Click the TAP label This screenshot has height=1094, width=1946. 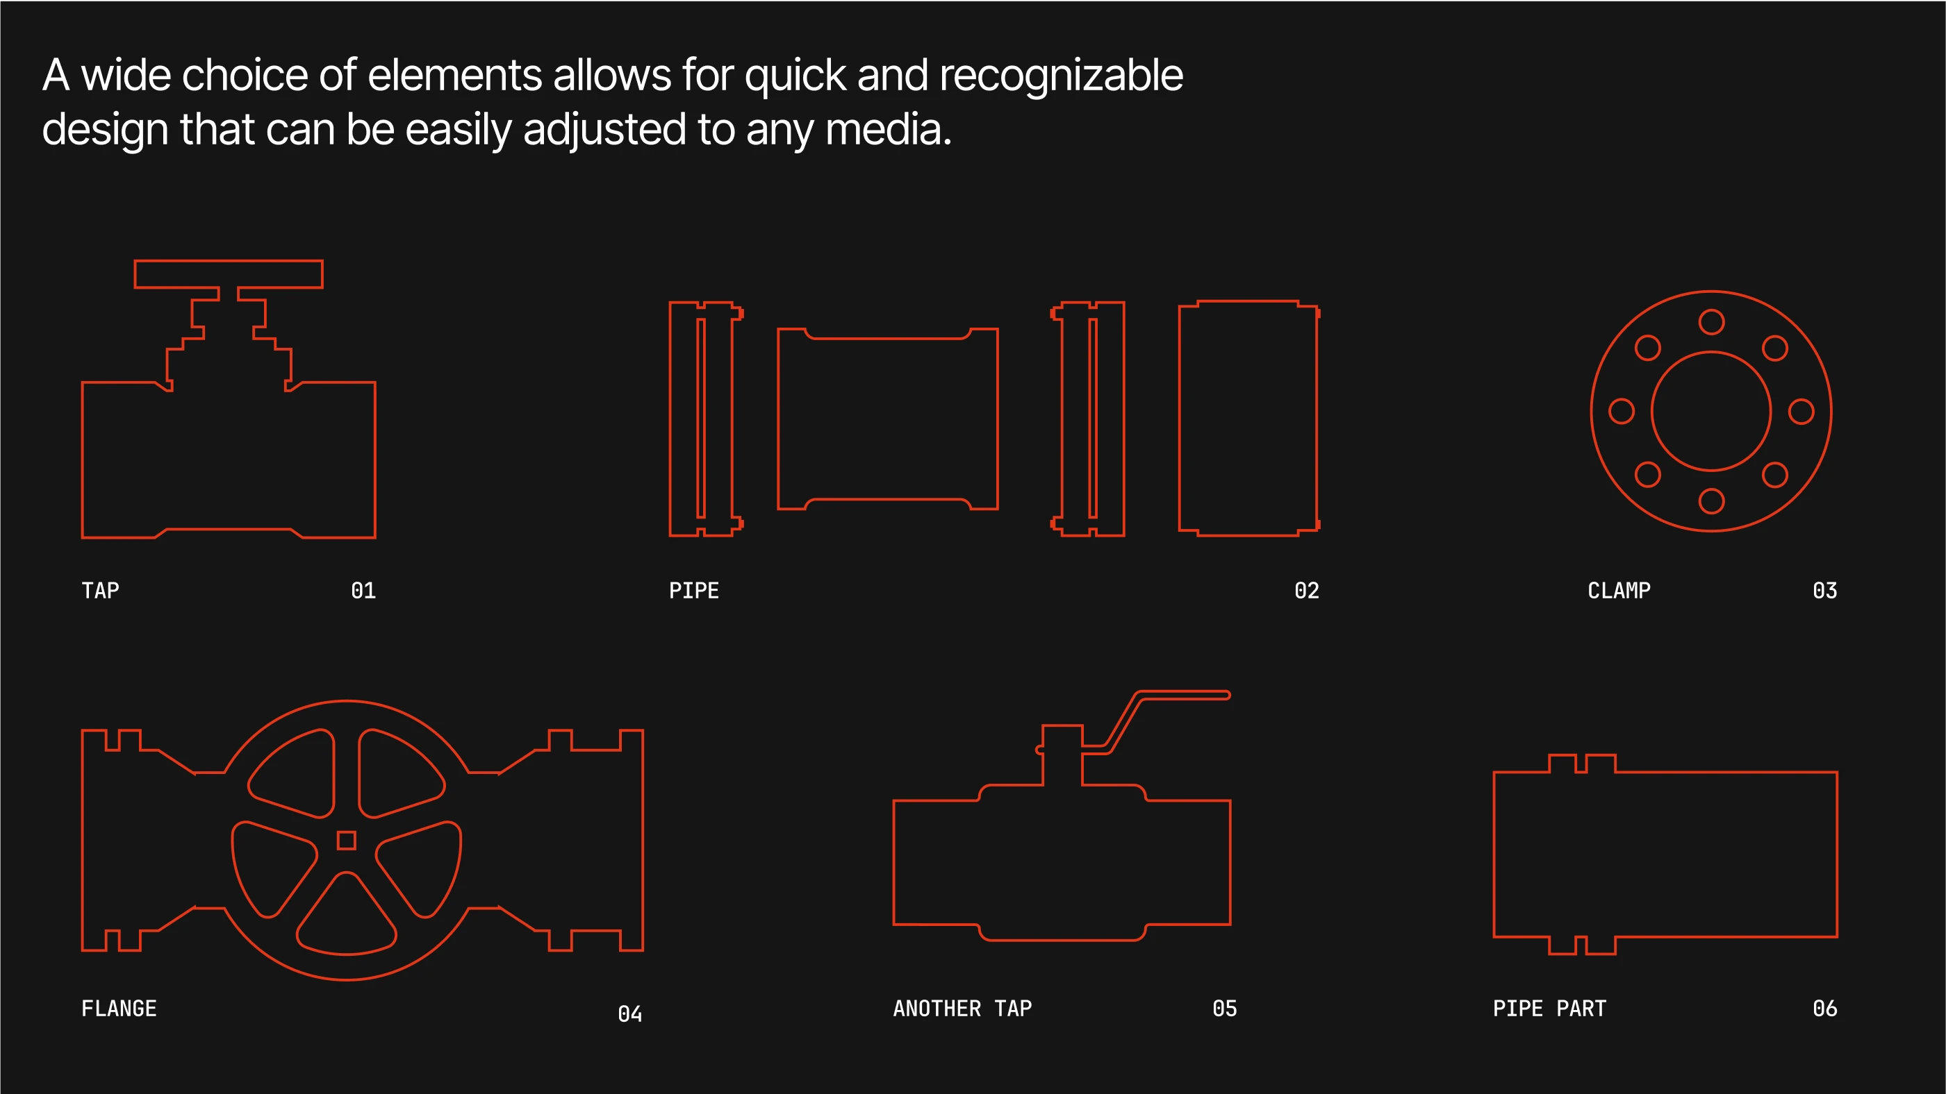pyautogui.click(x=101, y=591)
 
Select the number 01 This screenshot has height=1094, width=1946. pyautogui.click(x=363, y=591)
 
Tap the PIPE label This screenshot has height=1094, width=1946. pyautogui.click(x=693, y=591)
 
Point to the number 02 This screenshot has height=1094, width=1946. pyautogui.click(x=1307, y=591)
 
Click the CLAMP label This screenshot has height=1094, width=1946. pyautogui.click(x=1619, y=591)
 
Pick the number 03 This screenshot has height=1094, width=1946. pyautogui.click(x=1825, y=591)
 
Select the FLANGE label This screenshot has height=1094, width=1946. pyautogui.click(x=119, y=1009)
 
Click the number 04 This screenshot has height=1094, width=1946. pyautogui.click(x=630, y=1013)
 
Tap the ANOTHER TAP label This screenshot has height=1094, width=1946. pyautogui.click(x=962, y=1009)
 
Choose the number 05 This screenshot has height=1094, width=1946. pyautogui.click(x=1225, y=1009)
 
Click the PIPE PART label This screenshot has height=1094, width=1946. pyautogui.click(x=1549, y=1009)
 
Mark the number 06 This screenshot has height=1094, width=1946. pyautogui.click(x=1825, y=1009)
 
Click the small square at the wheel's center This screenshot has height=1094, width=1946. pyautogui.click(x=347, y=841)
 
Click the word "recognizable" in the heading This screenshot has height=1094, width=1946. pyautogui.click(x=1061, y=77)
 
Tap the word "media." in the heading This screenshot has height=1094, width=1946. pyautogui.click(x=889, y=130)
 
